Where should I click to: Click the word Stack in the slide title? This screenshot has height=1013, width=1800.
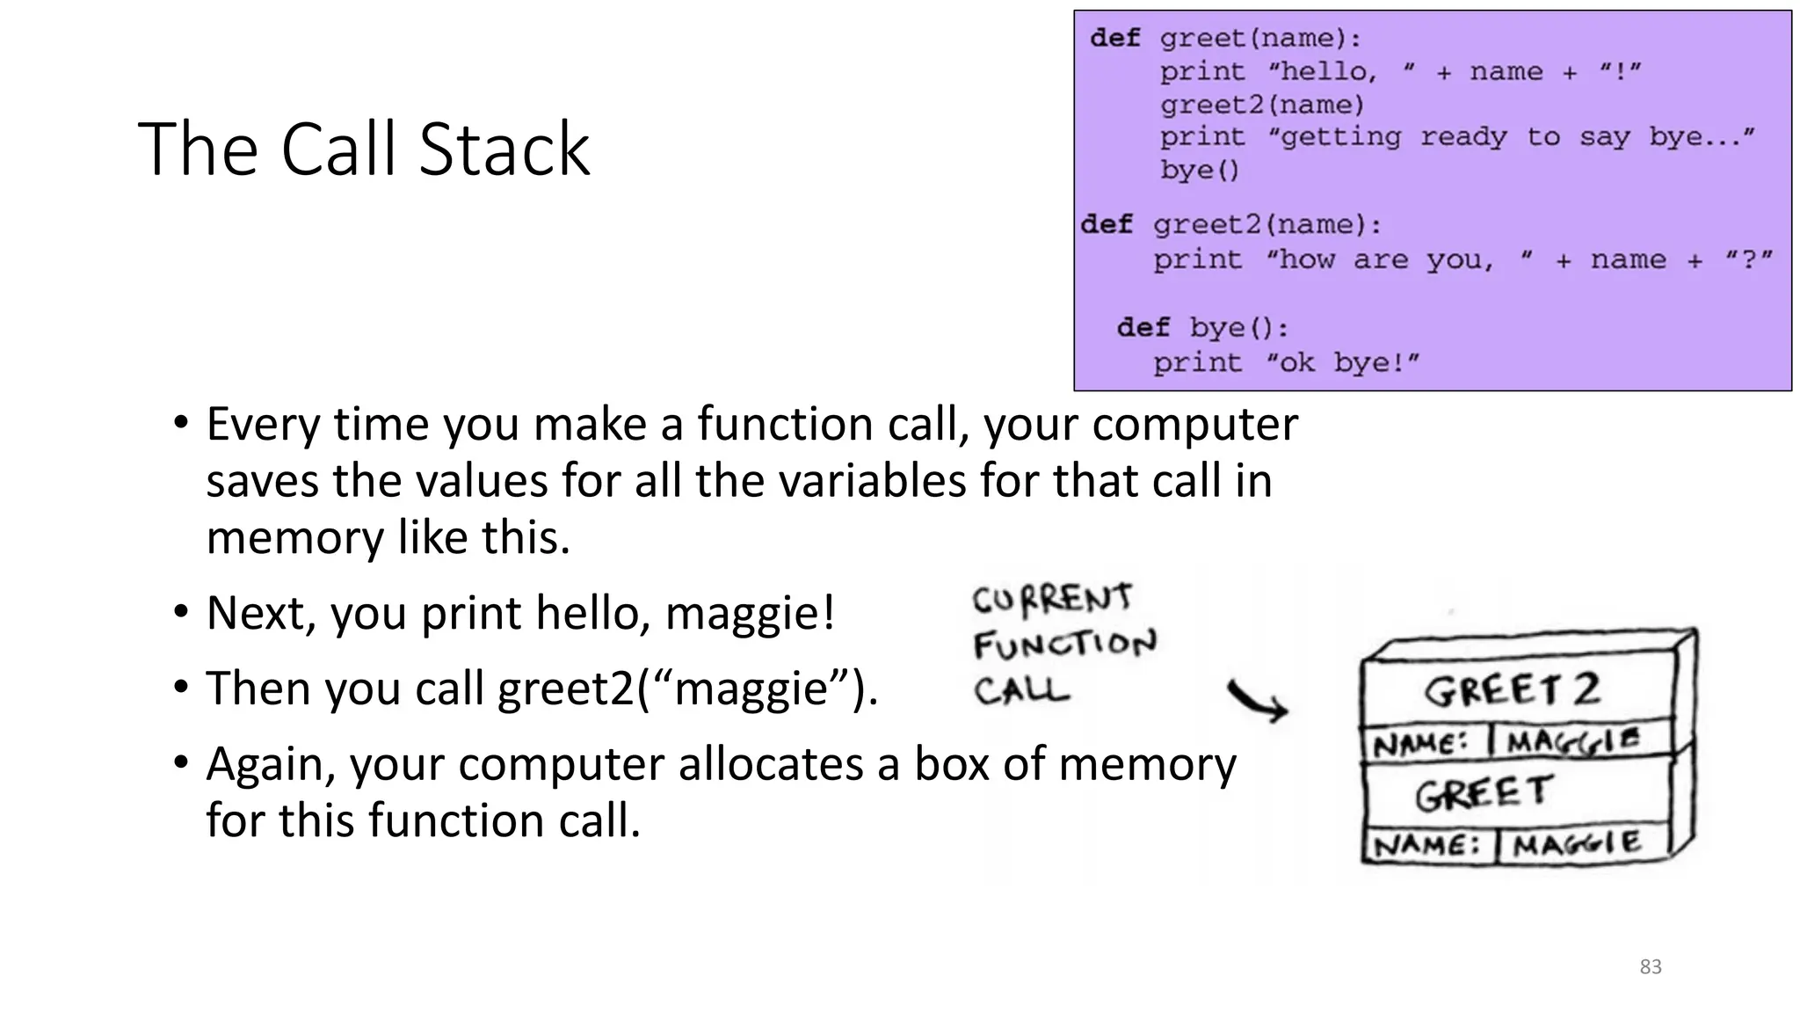tap(504, 149)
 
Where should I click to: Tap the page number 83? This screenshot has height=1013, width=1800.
tap(1650, 966)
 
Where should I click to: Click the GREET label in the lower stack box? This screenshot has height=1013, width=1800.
tap(1483, 793)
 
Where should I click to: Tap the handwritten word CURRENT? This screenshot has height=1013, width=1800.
tap(1052, 600)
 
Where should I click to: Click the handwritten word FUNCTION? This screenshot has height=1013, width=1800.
tap(1064, 645)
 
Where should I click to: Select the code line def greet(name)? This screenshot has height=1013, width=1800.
tap(1225, 39)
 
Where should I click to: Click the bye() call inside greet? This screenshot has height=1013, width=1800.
tap(1199, 170)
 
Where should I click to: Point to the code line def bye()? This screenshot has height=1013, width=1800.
tap(1201, 328)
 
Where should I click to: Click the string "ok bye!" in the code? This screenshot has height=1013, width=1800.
tap(1342, 362)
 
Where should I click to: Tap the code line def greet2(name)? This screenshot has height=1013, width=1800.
tap(1231, 225)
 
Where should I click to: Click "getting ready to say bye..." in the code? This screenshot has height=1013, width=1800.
tap(1511, 137)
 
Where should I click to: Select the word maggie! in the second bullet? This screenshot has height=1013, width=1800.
tap(750, 613)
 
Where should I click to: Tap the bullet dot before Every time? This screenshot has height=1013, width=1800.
tap(180, 423)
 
